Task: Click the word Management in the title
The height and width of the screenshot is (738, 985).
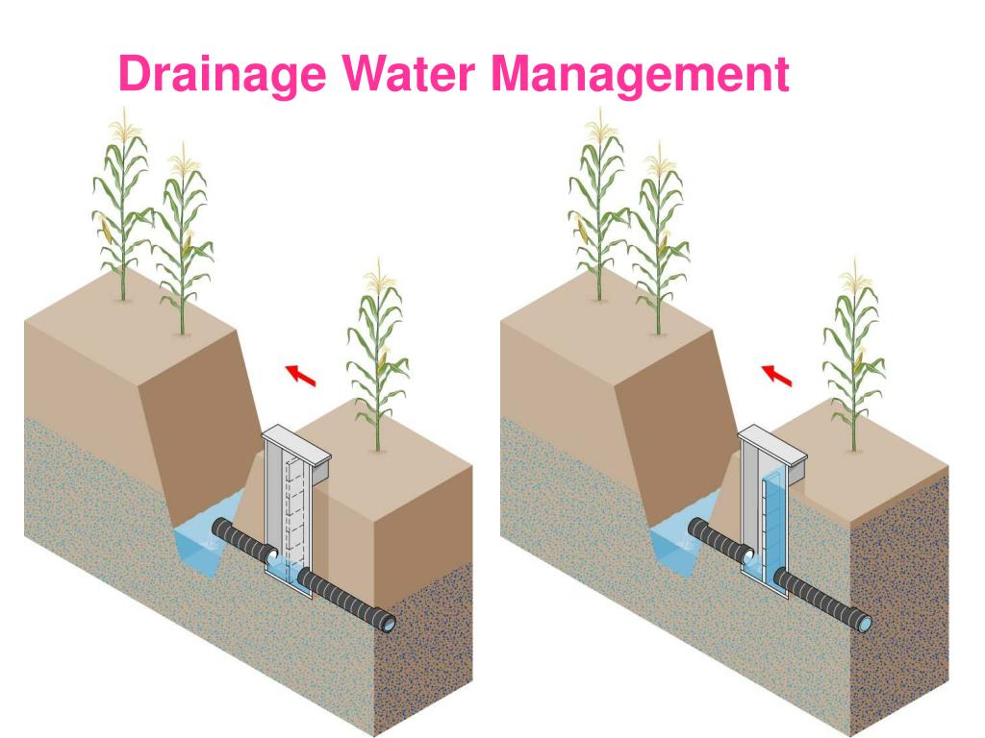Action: (640, 75)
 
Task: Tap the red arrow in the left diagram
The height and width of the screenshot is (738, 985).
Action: (301, 374)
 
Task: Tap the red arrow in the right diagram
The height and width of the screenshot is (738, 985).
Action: (777, 374)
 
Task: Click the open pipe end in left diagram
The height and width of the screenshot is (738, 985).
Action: (389, 624)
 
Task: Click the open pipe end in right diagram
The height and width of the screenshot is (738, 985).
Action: (865, 624)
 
